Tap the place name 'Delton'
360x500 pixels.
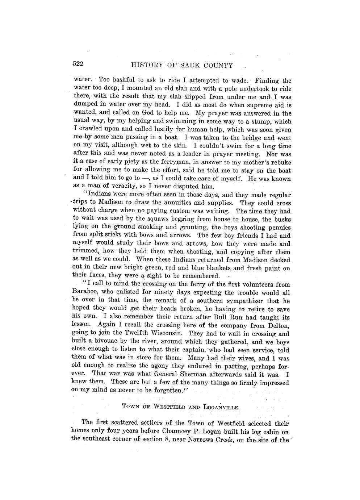tap(279, 326)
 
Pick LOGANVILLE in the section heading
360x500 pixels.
tap(221, 407)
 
